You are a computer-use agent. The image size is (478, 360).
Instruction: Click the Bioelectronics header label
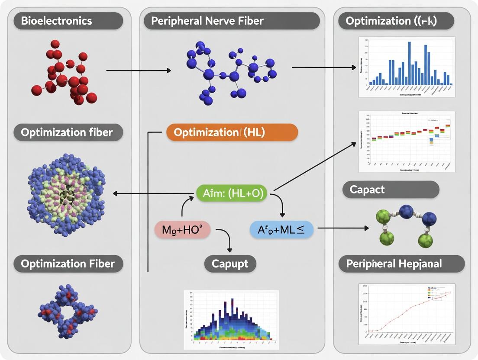56,20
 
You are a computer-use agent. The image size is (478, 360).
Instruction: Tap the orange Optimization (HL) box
232,133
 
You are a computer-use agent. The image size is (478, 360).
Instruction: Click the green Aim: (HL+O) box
233,193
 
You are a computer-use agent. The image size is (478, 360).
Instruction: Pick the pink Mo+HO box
182,230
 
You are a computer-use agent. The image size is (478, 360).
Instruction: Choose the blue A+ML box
281,230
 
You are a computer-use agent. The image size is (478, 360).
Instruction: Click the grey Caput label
230,264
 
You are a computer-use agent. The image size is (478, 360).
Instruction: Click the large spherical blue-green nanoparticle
66,194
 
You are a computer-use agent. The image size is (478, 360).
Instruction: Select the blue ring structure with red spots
68,312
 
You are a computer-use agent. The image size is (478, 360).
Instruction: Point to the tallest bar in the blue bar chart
409,63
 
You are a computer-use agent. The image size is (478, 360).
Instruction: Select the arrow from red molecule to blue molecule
139,70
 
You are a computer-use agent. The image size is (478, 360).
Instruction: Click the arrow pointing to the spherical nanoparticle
152,194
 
